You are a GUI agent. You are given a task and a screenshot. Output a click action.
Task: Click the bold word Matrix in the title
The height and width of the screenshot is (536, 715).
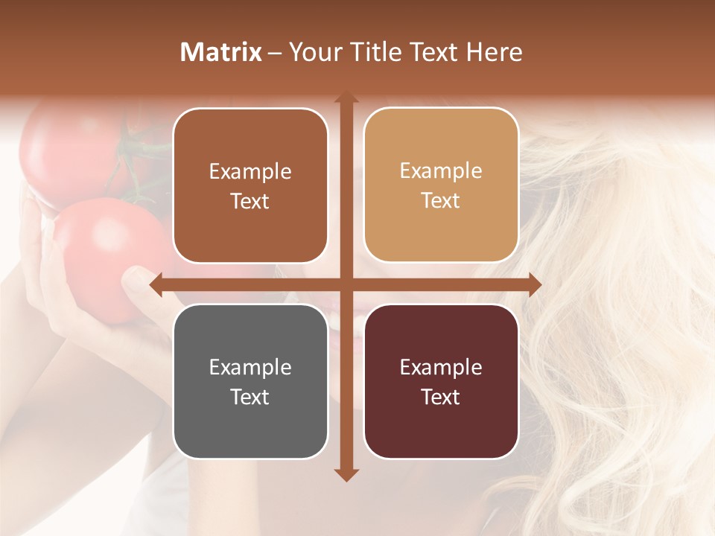(x=221, y=52)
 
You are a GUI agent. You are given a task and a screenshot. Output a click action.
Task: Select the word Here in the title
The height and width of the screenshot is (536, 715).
(x=494, y=52)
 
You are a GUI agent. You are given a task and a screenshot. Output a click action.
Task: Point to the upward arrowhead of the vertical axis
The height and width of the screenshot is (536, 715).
(x=346, y=98)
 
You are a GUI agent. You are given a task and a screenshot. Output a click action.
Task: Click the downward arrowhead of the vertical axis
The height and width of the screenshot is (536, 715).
(x=346, y=474)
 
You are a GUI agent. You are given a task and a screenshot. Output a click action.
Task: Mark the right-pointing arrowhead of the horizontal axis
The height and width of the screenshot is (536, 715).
(x=534, y=284)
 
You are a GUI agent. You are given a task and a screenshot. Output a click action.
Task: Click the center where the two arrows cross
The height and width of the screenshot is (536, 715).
(x=346, y=284)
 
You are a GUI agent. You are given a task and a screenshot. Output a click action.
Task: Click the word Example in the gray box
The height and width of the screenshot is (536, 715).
(x=250, y=367)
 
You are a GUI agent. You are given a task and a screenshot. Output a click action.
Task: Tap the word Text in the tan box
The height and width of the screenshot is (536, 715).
(x=441, y=201)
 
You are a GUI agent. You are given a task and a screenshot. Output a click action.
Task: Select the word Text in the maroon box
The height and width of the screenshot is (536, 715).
(x=441, y=398)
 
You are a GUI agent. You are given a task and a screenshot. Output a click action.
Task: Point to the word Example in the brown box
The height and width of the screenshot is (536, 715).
(x=250, y=171)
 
